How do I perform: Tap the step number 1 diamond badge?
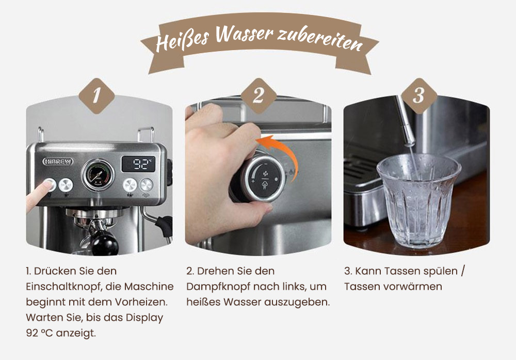[x=96, y=96]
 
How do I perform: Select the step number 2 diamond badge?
[x=257, y=96]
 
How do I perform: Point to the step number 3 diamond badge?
[x=418, y=96]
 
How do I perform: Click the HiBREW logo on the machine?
[x=58, y=162]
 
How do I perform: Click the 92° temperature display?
[x=138, y=165]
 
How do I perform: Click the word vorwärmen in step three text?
[x=418, y=286]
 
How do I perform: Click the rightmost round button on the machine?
[x=147, y=184]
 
